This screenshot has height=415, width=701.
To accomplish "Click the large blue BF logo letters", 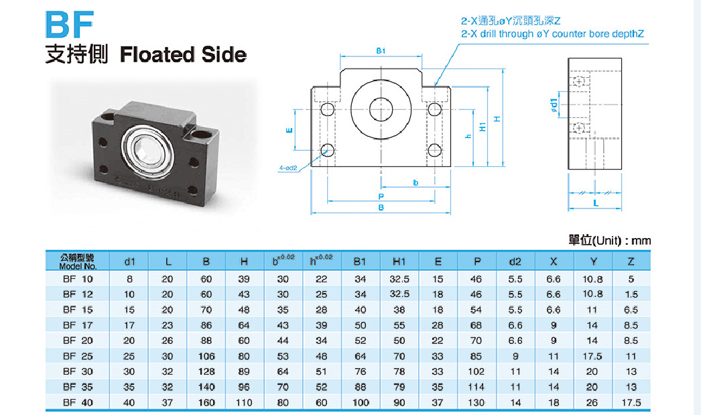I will tap(67, 25).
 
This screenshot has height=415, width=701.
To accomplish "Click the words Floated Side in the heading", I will tap(183, 55).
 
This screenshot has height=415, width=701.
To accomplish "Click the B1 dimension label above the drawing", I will tap(381, 51).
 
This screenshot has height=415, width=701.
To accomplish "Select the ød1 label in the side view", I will tap(554, 105).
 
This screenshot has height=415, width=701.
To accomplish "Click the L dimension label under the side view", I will tap(596, 201).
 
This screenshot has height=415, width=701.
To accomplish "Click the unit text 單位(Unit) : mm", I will tap(609, 240).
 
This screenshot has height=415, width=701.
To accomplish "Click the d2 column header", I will tap(515, 261).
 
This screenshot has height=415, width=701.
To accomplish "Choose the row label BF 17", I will tap(78, 325).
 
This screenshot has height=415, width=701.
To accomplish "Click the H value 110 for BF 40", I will tap(244, 403).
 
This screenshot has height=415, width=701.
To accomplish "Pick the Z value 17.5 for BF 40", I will tap(631, 403).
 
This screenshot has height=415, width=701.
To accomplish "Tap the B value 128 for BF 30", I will tap(206, 371).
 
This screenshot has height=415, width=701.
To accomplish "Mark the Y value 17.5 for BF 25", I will tap(592, 356).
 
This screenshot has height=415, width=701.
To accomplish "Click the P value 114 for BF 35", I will tap(476, 387).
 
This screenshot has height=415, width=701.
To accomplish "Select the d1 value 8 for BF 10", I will tap(129, 278).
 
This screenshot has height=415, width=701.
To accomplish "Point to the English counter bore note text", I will tap(554, 34).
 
